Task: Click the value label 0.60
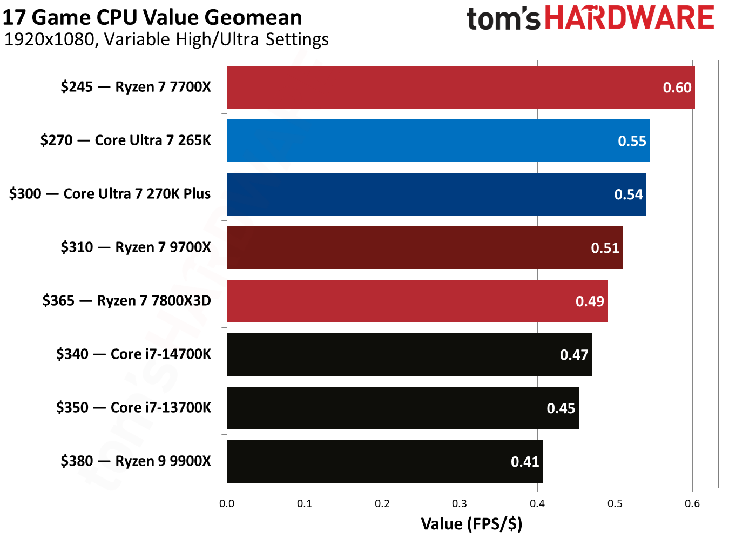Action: pyautogui.click(x=677, y=88)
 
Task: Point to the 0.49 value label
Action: pyautogui.click(x=589, y=301)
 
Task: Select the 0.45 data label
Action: pyautogui.click(x=561, y=408)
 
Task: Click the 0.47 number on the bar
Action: pyautogui.click(x=573, y=355)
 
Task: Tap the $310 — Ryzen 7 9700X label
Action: pyautogui.click(x=136, y=247)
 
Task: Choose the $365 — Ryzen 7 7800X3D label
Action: pyautogui.click(x=126, y=301)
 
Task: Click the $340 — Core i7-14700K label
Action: pyautogui.click(x=133, y=354)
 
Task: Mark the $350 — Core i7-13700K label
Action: pyautogui.click(x=133, y=408)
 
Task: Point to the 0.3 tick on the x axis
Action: pyautogui.click(x=460, y=504)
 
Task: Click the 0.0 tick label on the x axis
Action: pyautogui.click(x=227, y=504)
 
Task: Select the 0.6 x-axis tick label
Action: pyautogui.click(x=692, y=504)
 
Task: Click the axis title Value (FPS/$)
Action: pyautogui.click(x=471, y=524)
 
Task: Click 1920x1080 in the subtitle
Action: pyautogui.click(x=49, y=39)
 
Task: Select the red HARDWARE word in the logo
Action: pyautogui.click(x=629, y=18)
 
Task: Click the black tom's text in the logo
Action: pyautogui.click(x=503, y=19)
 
